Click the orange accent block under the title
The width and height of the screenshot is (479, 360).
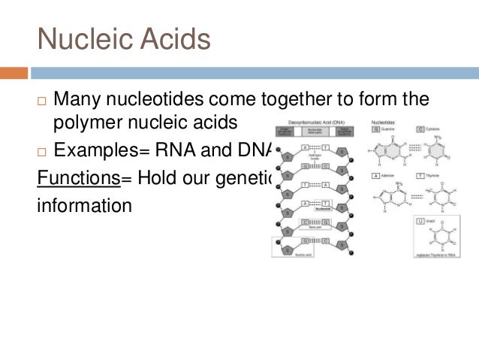click(14, 73)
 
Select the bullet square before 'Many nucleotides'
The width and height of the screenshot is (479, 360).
click(42, 101)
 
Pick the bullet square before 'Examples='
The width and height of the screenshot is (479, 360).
click(42, 150)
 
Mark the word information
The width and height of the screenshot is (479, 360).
click(84, 204)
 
